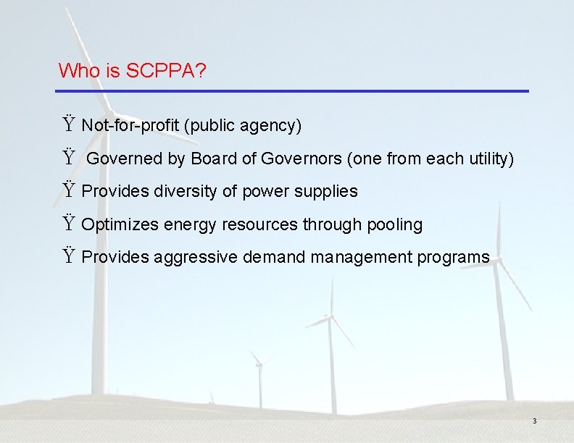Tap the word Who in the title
click(x=75, y=71)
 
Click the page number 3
click(x=534, y=421)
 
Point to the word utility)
click(x=490, y=159)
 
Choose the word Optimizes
click(x=120, y=225)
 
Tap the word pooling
click(x=394, y=225)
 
